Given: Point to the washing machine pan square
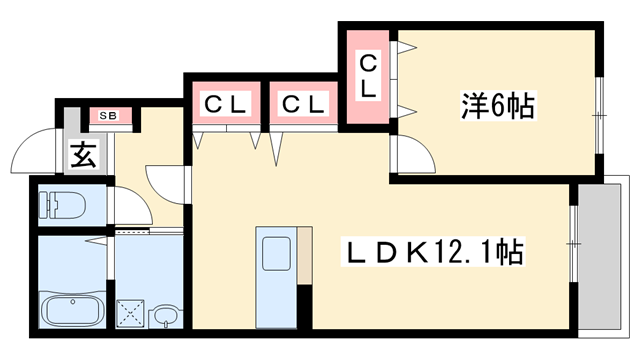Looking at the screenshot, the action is tap(130, 312).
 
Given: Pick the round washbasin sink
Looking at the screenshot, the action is tap(164, 318).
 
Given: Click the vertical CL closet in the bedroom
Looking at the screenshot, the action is tap(368, 77).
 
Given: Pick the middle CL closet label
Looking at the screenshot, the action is tap(301, 104).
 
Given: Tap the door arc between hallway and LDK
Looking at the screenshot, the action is tap(165, 185).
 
